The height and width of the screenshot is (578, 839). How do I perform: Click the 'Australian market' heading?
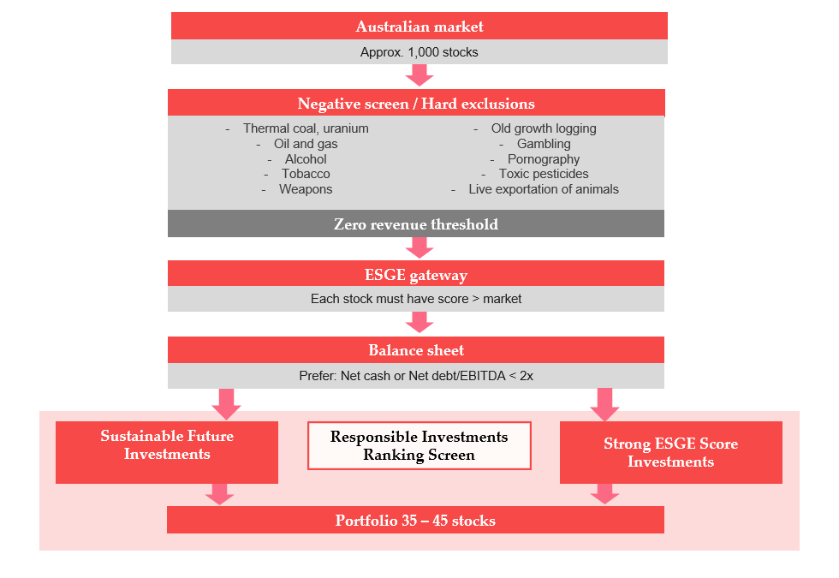(419, 27)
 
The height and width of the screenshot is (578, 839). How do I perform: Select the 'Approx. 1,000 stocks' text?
(419, 52)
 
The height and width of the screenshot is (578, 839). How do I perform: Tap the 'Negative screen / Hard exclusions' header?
(416, 104)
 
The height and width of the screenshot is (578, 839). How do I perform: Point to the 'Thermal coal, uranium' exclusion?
(306, 128)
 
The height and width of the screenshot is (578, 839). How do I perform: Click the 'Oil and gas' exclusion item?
(306, 144)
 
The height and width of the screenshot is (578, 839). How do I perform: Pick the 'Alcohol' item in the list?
(306, 159)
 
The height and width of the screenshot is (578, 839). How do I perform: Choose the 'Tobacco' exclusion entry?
(306, 174)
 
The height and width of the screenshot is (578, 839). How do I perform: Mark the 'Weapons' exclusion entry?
(306, 189)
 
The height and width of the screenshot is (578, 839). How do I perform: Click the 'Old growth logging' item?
(544, 128)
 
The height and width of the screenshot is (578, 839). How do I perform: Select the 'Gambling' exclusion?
(544, 144)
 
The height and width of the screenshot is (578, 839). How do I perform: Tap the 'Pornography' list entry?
(544, 159)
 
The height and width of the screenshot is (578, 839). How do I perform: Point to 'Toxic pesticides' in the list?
(544, 174)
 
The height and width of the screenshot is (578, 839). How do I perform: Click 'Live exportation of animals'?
(544, 189)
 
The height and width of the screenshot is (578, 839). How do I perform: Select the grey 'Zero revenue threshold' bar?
(416, 224)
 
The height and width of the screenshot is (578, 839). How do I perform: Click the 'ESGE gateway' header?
(416, 274)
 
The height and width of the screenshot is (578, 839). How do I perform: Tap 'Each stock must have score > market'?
(416, 299)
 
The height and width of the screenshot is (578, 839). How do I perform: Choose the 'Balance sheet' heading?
(416, 350)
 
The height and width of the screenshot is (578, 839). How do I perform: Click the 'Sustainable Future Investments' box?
(167, 451)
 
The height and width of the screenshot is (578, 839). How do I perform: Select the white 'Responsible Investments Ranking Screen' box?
(419, 445)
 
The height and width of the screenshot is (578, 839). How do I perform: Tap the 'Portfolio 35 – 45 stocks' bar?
(415, 520)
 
